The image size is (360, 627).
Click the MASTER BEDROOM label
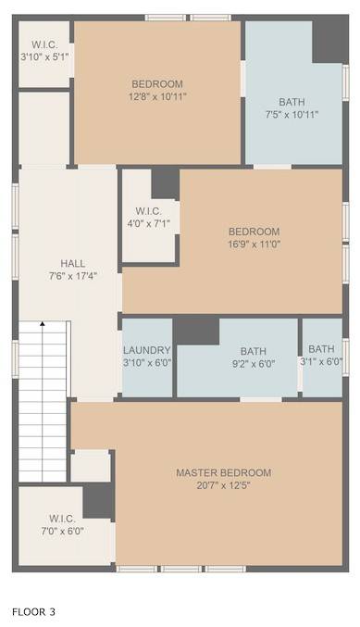[x=223, y=472]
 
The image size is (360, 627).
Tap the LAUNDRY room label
[x=146, y=350]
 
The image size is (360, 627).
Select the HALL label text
[x=73, y=264]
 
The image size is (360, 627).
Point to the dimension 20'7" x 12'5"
[x=223, y=485]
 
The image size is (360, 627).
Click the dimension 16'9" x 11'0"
[x=254, y=244]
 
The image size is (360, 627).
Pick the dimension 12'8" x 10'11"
[x=157, y=96]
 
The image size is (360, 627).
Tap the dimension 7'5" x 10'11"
[x=292, y=115]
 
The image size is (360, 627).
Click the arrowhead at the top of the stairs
[x=42, y=323]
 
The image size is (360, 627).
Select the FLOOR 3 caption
[x=33, y=612]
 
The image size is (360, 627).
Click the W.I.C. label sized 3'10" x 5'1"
[x=44, y=44]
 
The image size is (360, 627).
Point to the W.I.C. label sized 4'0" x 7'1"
[x=149, y=211]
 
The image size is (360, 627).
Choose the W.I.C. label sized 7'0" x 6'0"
[x=62, y=519]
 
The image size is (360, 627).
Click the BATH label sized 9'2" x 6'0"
[x=254, y=352]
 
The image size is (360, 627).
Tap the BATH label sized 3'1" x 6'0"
[x=321, y=349]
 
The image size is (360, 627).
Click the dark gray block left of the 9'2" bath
[x=196, y=331]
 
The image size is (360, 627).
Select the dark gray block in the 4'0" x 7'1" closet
[x=165, y=183]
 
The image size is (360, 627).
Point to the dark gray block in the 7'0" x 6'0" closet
[x=98, y=502]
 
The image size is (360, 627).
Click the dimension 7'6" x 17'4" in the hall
[x=73, y=276]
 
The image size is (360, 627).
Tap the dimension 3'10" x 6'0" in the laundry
[x=147, y=363]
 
